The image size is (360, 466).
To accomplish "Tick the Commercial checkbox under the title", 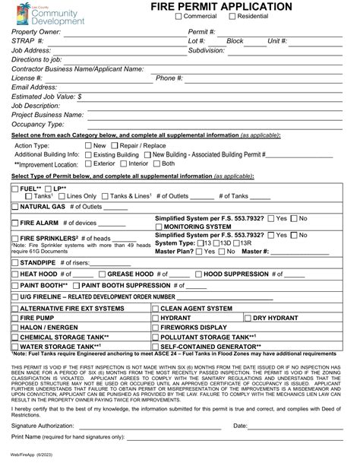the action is (x=179, y=17).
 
